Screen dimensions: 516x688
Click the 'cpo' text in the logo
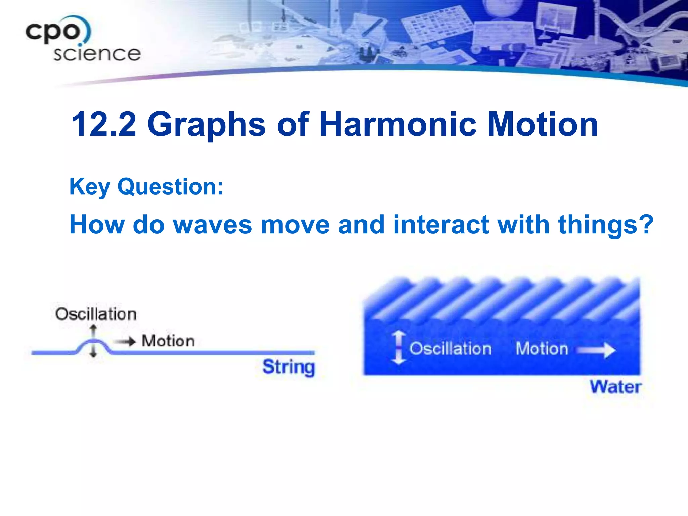point(54,32)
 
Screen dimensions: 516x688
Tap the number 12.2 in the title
point(104,124)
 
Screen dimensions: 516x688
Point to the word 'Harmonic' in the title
point(398,124)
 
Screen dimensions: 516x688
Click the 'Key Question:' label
point(146,187)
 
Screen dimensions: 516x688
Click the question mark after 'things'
point(646,224)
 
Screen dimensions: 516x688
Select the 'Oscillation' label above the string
point(96,314)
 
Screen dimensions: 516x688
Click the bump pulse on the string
point(93,344)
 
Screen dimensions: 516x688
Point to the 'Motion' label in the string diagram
point(168,341)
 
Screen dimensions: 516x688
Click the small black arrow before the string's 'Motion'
point(125,342)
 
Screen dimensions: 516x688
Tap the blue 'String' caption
point(289,367)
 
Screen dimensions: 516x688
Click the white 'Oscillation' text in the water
point(450,349)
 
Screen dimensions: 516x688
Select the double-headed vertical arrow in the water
point(399,348)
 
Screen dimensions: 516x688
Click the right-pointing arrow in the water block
point(596,350)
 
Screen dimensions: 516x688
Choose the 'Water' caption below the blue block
point(615,387)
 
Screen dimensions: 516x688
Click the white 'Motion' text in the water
point(542,349)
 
